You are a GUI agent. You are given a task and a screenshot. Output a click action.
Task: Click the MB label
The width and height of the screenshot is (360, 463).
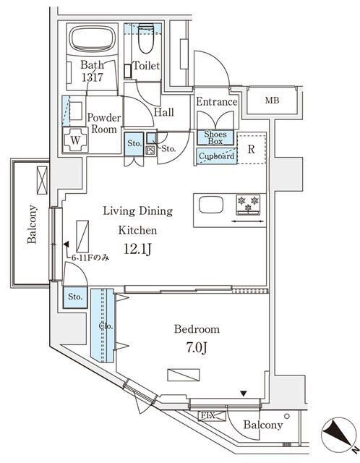point(271,101)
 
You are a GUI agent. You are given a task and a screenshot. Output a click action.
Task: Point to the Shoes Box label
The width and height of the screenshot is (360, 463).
point(216,137)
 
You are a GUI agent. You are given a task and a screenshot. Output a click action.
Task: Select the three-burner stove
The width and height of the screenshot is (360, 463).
point(248,204)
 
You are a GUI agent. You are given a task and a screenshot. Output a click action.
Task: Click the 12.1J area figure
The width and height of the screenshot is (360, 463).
point(137,251)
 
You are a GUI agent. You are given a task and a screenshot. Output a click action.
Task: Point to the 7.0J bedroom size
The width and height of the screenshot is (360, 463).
point(194,347)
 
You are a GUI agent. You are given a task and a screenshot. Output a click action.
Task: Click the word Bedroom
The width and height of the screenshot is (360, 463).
point(196,329)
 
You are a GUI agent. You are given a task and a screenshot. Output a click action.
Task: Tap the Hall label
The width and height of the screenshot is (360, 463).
point(164,113)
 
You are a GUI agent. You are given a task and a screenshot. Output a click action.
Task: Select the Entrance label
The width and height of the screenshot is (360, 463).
point(216,102)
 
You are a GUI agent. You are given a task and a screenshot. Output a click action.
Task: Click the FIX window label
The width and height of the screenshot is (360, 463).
point(207,416)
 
